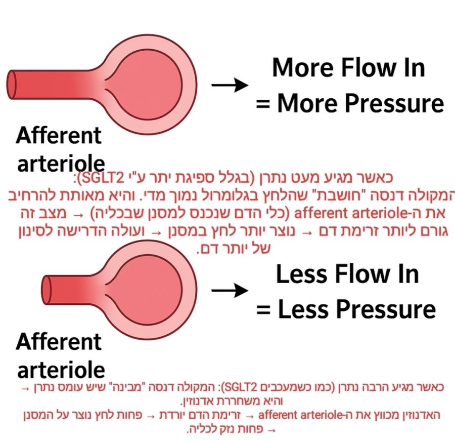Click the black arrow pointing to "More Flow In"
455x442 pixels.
coord(230,85)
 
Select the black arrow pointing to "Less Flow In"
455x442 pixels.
coord(230,290)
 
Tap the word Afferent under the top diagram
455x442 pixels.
coord(58,136)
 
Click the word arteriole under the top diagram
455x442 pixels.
coord(61,163)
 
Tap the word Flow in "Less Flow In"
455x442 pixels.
coord(359,274)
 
